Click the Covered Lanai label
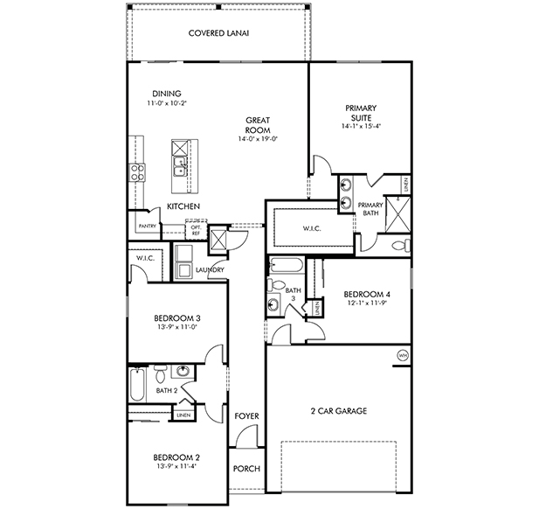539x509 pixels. click(x=218, y=33)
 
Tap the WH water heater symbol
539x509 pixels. click(x=403, y=355)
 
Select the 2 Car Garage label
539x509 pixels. click(x=339, y=411)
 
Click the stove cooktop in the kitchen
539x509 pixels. click(x=137, y=172)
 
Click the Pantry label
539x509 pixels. click(x=148, y=227)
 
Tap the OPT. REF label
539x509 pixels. click(x=196, y=230)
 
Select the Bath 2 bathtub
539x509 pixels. click(x=137, y=385)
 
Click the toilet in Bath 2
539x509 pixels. click(x=160, y=373)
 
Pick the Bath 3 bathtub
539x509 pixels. click(x=287, y=265)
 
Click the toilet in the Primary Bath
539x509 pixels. click(x=401, y=246)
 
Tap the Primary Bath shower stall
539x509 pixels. click(x=397, y=214)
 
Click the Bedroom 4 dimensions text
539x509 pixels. click(x=367, y=303)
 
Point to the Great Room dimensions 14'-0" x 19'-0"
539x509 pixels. click(x=258, y=139)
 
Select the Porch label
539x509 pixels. click(x=246, y=469)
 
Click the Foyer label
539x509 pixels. click(x=246, y=416)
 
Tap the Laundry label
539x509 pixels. click(x=210, y=270)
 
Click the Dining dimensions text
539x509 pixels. click(x=167, y=103)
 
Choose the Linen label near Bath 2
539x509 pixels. click(x=183, y=415)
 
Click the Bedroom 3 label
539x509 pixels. click(x=177, y=318)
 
